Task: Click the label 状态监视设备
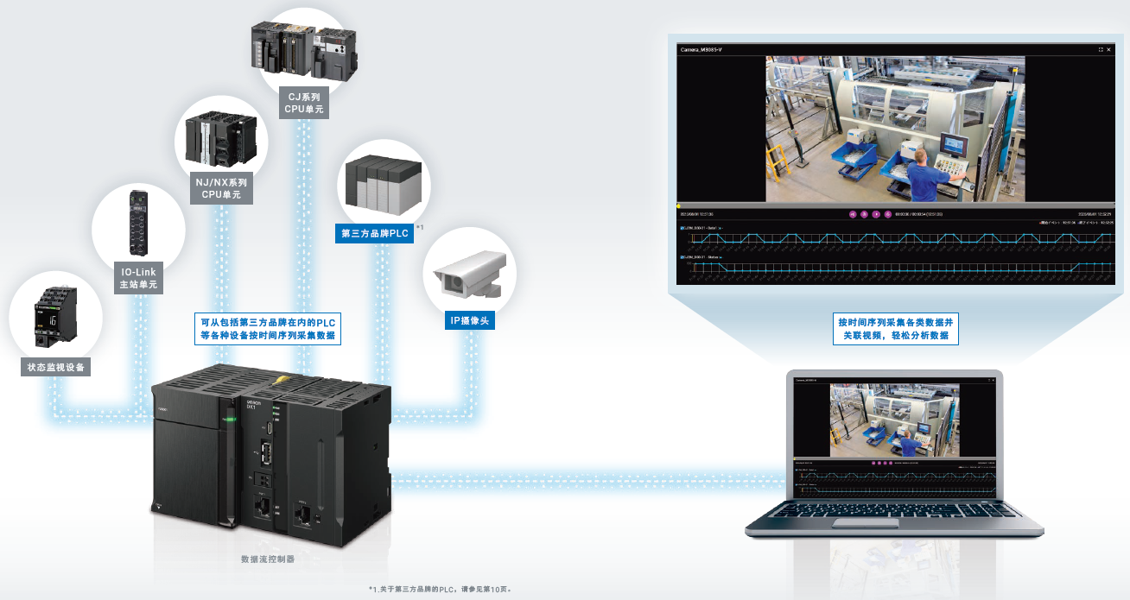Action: click(x=57, y=367)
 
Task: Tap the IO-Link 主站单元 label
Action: click(x=138, y=278)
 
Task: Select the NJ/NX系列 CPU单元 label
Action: click(x=221, y=189)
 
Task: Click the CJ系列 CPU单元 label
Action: click(x=303, y=103)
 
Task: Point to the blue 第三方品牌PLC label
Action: click(x=374, y=232)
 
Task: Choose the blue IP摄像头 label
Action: click(x=470, y=321)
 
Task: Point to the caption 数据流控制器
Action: click(x=268, y=559)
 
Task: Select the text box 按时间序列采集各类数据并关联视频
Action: click(x=895, y=328)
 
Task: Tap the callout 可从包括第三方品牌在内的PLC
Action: click(x=268, y=328)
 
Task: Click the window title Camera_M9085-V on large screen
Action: click(x=701, y=50)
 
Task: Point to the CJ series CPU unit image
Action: click(x=305, y=47)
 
